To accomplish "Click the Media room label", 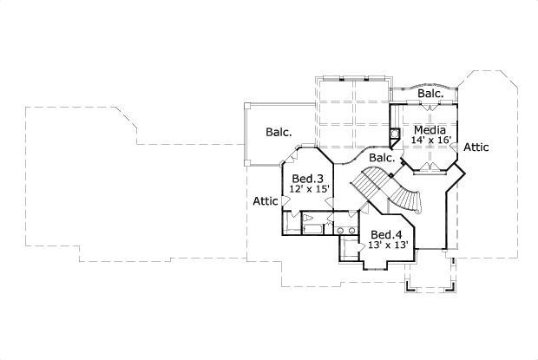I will (430, 129).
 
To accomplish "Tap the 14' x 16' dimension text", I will (430, 140).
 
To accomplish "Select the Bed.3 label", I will (308, 178).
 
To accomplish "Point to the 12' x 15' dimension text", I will (308, 189).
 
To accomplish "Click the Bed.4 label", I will (386, 234).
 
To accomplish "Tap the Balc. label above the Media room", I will (431, 93).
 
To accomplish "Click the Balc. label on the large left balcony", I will (279, 133).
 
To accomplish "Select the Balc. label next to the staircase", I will (382, 159).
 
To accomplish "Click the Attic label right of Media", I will (476, 147).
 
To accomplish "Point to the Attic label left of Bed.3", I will (265, 201).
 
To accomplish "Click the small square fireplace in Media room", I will (396, 134).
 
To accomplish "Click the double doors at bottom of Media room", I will (430, 165).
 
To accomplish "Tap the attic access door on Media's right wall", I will (458, 148).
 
